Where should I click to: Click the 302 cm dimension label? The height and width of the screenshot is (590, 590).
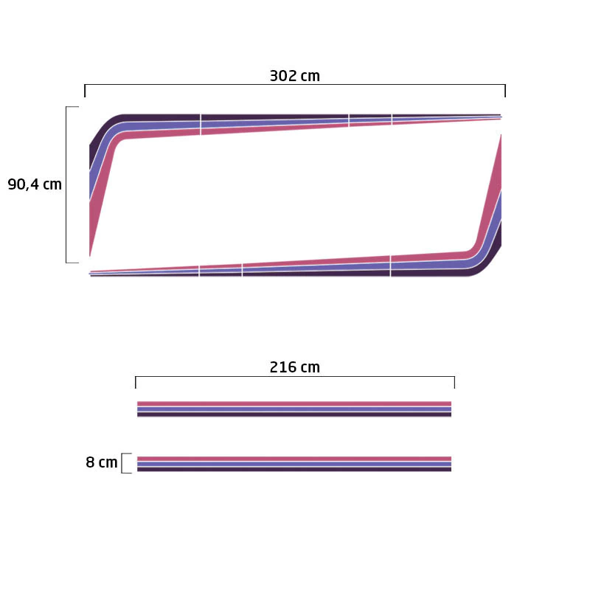pyautogui.click(x=294, y=76)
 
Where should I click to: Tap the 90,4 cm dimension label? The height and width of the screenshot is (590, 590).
pyautogui.click(x=35, y=184)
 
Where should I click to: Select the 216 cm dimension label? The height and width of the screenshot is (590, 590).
pyautogui.click(x=294, y=367)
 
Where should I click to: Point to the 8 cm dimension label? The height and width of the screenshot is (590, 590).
pyautogui.click(x=102, y=462)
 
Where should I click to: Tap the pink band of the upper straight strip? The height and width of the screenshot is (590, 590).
pyautogui.click(x=294, y=403)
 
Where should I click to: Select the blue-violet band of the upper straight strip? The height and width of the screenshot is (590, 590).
pyautogui.click(x=294, y=409)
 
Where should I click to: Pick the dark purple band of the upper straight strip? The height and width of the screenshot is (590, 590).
pyautogui.click(x=294, y=414)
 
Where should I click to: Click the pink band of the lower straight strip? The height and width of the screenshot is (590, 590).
pyautogui.click(x=294, y=459)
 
